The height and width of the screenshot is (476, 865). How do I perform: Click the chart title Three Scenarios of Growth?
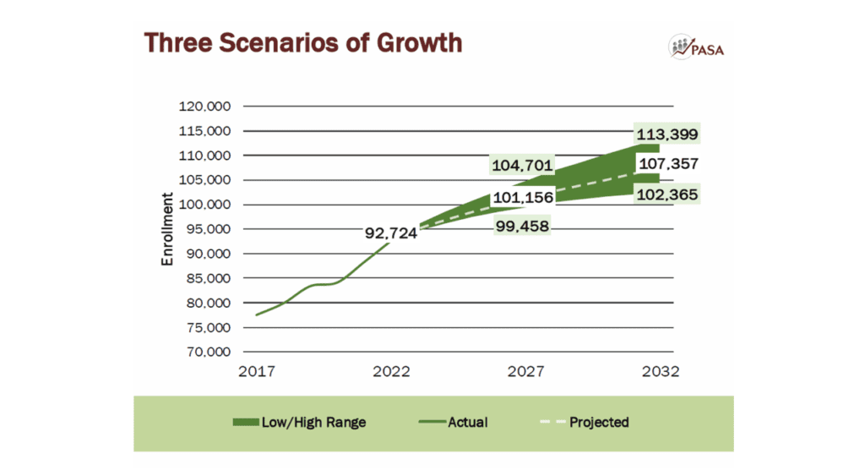point(302,42)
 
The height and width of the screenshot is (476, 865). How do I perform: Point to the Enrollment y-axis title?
point(167,229)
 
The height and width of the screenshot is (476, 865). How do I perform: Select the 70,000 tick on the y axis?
point(209,352)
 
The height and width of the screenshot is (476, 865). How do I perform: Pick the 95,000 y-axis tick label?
point(209,229)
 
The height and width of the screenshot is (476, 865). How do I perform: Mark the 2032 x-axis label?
point(661,373)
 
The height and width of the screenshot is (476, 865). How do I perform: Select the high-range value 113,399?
point(668,134)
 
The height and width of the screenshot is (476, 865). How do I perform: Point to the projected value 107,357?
point(668,164)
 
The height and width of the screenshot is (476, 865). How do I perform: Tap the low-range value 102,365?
point(668,195)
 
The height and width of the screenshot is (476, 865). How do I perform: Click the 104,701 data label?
point(521,165)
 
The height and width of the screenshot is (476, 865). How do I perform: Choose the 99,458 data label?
point(521,226)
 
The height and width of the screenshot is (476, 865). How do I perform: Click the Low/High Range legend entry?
point(299,422)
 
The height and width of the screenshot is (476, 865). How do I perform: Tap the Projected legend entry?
point(585,422)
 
